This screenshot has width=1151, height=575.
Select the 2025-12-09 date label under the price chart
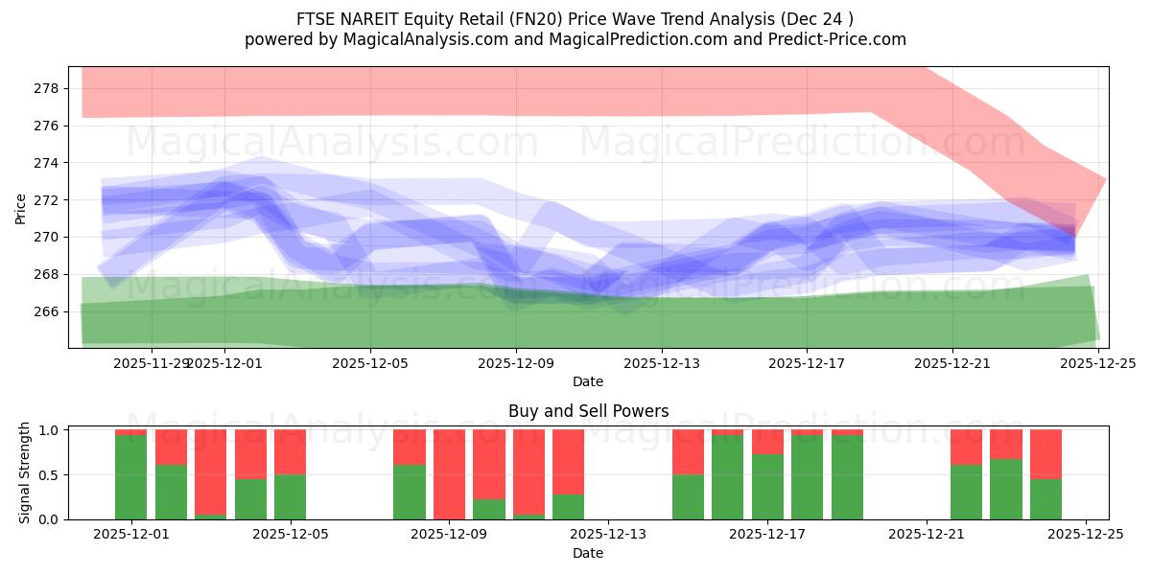tap(516, 363)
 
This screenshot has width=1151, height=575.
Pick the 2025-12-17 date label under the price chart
tap(807, 363)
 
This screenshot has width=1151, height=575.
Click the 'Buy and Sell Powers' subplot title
tap(588, 411)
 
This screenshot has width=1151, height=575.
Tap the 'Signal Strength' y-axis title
tap(25, 472)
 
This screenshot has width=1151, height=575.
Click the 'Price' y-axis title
tap(21, 208)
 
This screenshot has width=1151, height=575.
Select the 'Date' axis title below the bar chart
tap(588, 553)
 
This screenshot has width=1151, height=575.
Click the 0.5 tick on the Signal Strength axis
tap(47, 474)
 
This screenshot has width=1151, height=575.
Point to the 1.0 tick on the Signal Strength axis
tap(47, 430)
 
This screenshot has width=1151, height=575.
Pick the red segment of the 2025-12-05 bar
tap(290, 451)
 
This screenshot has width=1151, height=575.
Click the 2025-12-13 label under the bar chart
tap(608, 535)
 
